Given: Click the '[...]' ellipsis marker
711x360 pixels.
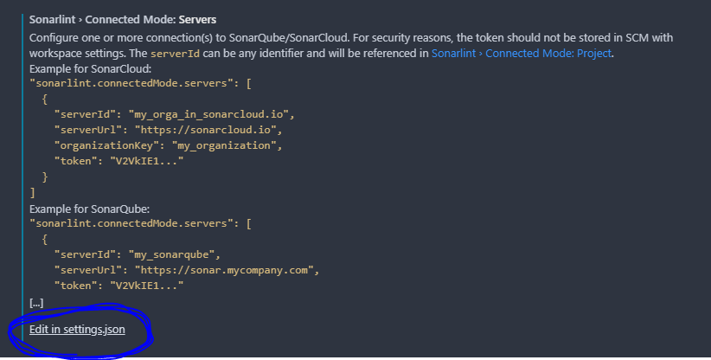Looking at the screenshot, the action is [x=36, y=302].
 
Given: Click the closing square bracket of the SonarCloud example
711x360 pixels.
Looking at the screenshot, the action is [x=33, y=192].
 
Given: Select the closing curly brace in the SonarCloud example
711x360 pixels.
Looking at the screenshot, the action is [x=46, y=177].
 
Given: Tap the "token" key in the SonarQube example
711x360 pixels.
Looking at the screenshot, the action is [x=73, y=285].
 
